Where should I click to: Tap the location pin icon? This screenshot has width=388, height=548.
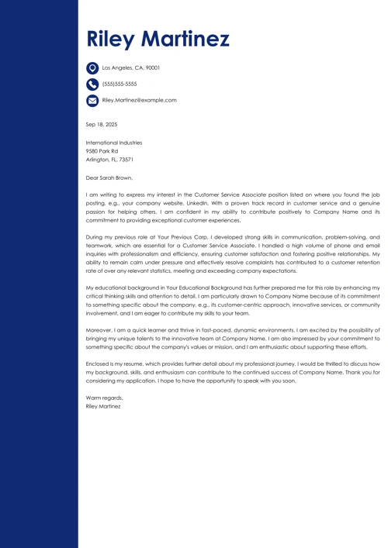pyautogui.click(x=92, y=68)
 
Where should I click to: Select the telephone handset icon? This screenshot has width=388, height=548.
pyautogui.click(x=92, y=84)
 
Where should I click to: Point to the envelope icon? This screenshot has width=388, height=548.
pyautogui.click(x=92, y=101)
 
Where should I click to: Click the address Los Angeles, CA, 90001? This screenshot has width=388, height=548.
pyautogui.click(x=130, y=68)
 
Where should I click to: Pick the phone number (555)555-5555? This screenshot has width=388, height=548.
pyautogui.click(x=120, y=84)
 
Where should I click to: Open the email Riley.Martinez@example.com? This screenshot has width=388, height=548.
pyautogui.click(x=139, y=100)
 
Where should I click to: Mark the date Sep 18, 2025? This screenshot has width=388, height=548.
pyautogui.click(x=102, y=124)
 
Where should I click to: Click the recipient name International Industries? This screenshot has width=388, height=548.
pyautogui.click(x=114, y=143)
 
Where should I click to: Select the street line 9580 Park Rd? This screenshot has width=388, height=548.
pyautogui.click(x=102, y=151)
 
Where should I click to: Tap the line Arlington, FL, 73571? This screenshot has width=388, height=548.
pyautogui.click(x=109, y=160)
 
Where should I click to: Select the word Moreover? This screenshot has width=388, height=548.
pyautogui.click(x=99, y=329)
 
